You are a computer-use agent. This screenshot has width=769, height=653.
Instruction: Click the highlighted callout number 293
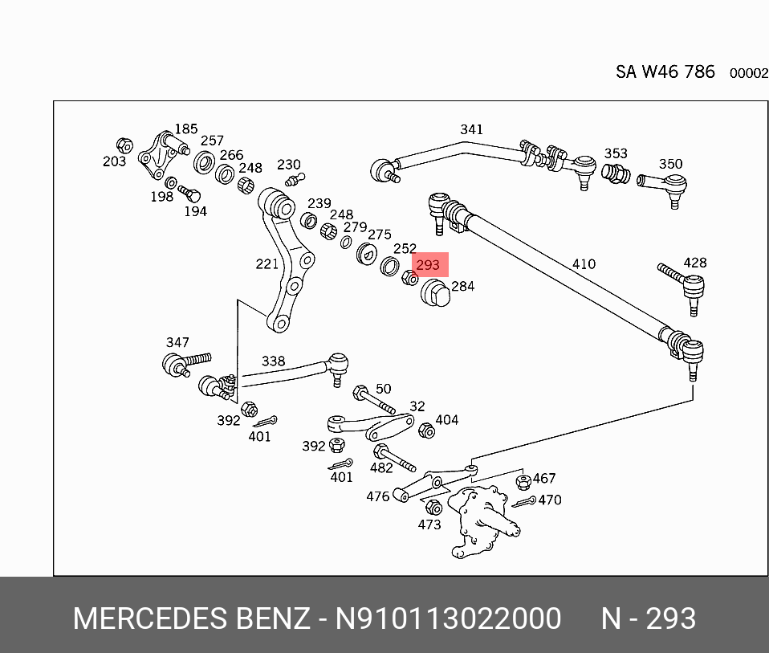tap(428, 264)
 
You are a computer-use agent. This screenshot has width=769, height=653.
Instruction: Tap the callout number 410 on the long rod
tap(584, 263)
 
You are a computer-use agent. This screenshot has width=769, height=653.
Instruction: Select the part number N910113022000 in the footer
tap(448, 619)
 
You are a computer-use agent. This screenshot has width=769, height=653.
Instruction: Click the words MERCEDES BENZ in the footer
tap(191, 619)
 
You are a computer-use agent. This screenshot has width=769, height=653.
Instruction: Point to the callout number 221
tap(267, 263)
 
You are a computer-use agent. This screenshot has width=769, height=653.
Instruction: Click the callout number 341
tap(471, 129)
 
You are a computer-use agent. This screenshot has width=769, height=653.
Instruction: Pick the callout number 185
tap(186, 129)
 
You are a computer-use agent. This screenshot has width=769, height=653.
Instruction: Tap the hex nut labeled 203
tap(124, 145)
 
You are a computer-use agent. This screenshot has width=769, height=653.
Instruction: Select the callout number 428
tap(694, 263)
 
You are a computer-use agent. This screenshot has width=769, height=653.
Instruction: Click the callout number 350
tap(670, 164)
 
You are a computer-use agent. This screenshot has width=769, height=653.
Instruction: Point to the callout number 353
tap(616, 153)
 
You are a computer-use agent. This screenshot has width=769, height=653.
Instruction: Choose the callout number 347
tap(177, 343)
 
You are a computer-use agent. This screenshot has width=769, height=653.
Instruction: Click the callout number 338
tap(273, 361)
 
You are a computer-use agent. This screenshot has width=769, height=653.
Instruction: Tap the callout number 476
tap(378, 496)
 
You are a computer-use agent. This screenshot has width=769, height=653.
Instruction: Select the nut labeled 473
tap(432, 508)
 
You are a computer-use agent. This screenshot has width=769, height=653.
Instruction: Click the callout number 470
tap(549, 500)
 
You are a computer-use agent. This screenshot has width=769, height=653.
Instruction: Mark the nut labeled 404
tap(426, 431)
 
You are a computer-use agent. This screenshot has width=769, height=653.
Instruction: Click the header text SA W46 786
tap(665, 71)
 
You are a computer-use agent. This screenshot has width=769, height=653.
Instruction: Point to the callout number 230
tap(288, 165)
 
